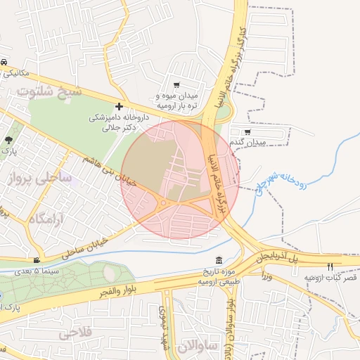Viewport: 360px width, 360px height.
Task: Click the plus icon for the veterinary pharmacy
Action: (119, 105)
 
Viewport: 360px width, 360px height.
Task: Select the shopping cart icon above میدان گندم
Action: (247, 131)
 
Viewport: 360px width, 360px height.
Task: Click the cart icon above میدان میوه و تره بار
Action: (176, 84)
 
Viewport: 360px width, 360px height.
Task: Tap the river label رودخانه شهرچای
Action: (281, 183)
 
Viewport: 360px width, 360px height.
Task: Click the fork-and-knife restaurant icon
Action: (330, 266)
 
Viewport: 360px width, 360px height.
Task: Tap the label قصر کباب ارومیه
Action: (330, 278)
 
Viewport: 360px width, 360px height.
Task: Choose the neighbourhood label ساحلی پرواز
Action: (40, 179)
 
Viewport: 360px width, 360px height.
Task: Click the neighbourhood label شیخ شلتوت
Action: (51, 91)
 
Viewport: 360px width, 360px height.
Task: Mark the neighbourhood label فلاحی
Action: (78, 331)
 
